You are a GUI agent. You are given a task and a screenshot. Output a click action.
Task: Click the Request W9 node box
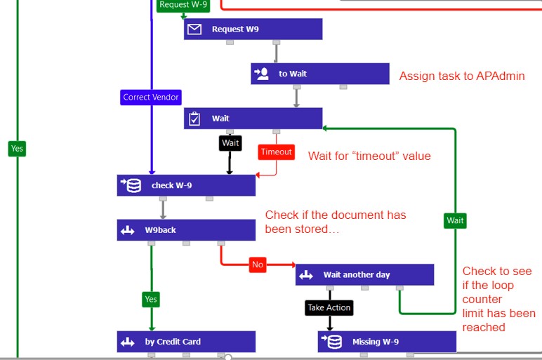(253, 29)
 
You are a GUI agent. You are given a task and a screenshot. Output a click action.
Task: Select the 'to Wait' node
(319, 74)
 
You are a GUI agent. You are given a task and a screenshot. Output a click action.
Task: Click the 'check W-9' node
(186, 185)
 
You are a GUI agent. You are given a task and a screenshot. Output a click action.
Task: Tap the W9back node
(186, 230)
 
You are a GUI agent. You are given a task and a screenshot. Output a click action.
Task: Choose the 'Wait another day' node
(364, 274)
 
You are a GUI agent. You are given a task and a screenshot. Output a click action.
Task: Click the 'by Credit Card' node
(186, 342)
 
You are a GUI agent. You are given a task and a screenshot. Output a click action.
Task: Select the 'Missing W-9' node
(387, 342)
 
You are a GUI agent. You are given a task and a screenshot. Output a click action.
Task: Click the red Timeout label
(276, 152)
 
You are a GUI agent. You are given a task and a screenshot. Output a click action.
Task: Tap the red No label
(258, 265)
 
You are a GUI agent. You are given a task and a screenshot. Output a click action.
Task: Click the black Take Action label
(329, 307)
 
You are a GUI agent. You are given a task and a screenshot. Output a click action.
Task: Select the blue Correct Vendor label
(151, 97)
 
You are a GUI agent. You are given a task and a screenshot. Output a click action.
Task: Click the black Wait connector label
(230, 143)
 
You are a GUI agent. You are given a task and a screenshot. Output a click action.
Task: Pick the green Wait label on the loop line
(455, 220)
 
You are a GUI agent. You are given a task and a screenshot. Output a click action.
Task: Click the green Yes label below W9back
(151, 299)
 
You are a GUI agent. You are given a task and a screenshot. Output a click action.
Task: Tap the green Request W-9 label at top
(183, 5)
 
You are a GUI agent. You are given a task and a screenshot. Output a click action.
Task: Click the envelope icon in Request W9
(195, 29)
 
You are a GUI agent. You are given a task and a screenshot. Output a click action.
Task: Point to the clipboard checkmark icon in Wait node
(195, 119)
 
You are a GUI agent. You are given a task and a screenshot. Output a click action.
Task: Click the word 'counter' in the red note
(482, 299)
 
